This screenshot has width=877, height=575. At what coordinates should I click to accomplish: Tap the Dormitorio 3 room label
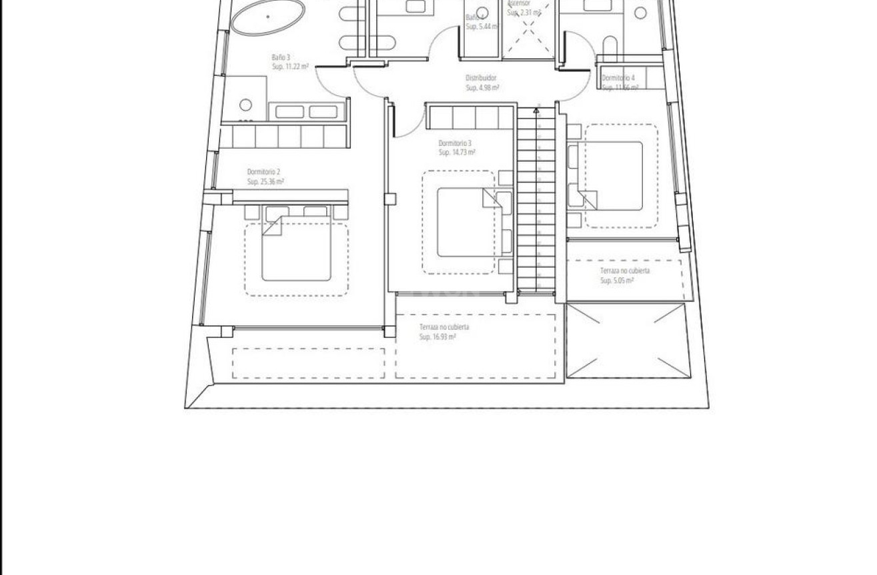click(455, 143)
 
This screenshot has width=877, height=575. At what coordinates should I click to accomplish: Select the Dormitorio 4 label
click(618, 78)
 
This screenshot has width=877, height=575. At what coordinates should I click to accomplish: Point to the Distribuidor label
click(481, 78)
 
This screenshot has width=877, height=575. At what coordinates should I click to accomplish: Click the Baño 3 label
click(281, 58)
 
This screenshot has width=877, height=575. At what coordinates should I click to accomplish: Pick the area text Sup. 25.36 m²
click(265, 181)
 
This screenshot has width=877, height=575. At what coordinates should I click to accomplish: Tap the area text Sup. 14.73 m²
click(457, 153)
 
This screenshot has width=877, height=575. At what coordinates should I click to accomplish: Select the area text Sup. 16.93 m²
click(437, 337)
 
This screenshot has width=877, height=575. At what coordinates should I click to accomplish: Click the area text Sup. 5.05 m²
click(617, 281)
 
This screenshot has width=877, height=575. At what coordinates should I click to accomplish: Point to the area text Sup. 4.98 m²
click(483, 87)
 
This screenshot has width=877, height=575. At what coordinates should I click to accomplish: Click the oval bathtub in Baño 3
click(268, 17)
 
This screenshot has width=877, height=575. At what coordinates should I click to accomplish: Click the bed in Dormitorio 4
click(614, 175)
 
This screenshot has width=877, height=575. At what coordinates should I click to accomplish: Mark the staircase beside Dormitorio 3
click(536, 200)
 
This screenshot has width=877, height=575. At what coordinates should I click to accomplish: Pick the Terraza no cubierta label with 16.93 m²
click(444, 327)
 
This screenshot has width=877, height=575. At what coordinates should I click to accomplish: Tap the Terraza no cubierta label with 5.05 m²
click(625, 271)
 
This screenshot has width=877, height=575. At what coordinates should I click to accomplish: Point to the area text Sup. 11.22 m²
click(289, 67)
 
